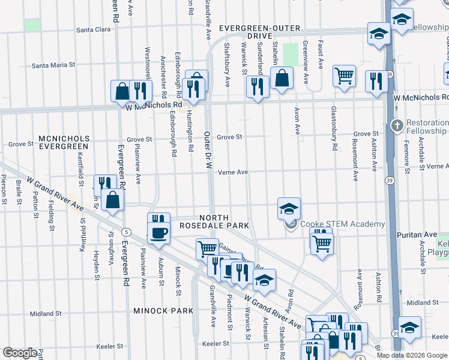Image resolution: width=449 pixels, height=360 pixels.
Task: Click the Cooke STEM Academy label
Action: coord(342,224)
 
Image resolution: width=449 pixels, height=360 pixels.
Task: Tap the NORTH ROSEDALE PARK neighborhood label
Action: coord(214,221)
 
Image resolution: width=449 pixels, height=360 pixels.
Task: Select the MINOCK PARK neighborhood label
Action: coord(163,311)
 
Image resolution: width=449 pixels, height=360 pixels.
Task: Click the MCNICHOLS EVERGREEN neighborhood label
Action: coord(64,142)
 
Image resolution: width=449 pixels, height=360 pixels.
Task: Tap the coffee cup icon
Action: coord(159,233)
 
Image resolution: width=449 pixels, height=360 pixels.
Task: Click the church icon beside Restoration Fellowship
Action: coord(396,126)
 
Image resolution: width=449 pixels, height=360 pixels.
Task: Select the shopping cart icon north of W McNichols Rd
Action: coord(344,76)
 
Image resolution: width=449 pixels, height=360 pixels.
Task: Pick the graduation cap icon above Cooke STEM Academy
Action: coord(289,209)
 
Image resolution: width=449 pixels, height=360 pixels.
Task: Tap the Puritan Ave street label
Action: coord(423,234)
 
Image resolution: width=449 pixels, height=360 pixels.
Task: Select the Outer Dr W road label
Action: coord(207,153)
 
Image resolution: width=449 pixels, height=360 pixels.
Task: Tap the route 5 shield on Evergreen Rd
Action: coord(126,231)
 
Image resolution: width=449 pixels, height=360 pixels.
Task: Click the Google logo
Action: coord(20,352)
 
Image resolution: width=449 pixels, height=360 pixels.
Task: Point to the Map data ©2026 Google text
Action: coord(412,355)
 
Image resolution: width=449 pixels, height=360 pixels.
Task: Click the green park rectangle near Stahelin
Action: coord(291,55)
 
